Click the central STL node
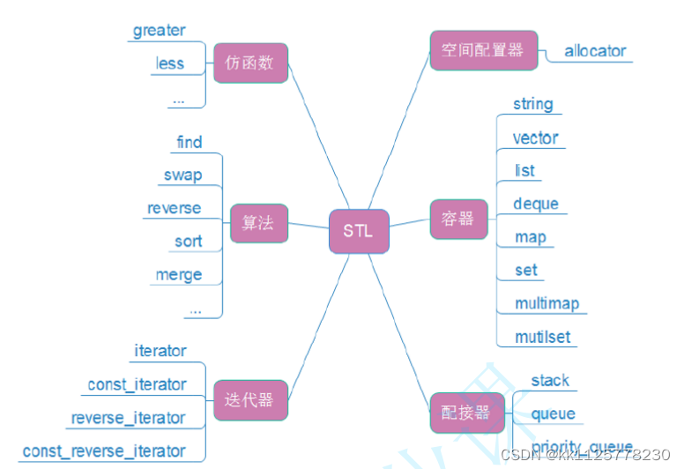click(x=359, y=231)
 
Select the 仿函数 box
click(x=250, y=63)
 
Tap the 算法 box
click(x=257, y=223)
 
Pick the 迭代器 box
click(x=250, y=400)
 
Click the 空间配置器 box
click(x=482, y=50)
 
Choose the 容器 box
click(x=458, y=219)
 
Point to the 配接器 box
click(x=460, y=413)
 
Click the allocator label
click(x=595, y=51)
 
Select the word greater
click(x=160, y=31)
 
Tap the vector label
click(x=536, y=138)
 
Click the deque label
click(x=536, y=204)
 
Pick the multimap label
click(x=547, y=303)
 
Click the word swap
click(x=182, y=175)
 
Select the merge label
click(x=179, y=274)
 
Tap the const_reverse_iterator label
click(x=104, y=450)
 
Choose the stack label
click(x=550, y=380)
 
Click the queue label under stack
click(x=553, y=413)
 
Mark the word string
click(x=533, y=104)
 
